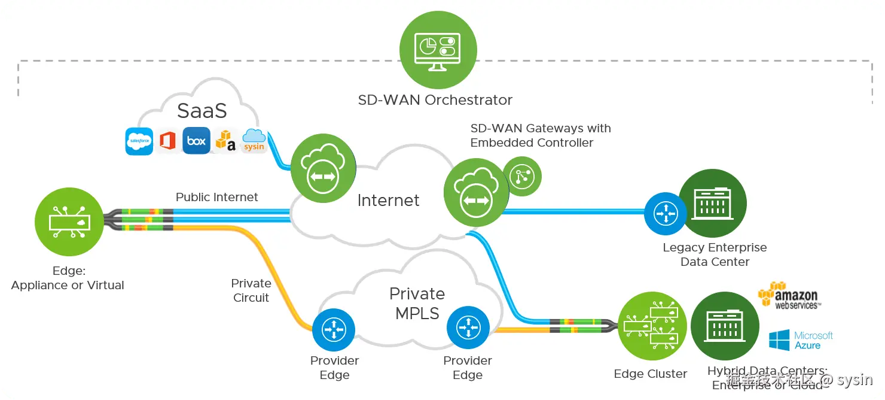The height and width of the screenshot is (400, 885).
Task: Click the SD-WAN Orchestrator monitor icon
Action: pyautogui.click(x=438, y=49)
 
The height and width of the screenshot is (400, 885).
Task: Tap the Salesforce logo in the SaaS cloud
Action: pyautogui.click(x=139, y=141)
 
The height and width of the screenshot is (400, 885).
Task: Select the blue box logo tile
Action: pyautogui.click(x=196, y=141)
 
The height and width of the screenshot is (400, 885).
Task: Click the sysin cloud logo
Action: pyautogui.click(x=254, y=141)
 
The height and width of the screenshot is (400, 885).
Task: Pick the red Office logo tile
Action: pyautogui.click(x=167, y=141)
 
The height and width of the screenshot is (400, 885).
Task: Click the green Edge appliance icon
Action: pyautogui.click(x=69, y=221)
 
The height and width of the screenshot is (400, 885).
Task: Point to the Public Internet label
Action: pyautogui.click(x=216, y=197)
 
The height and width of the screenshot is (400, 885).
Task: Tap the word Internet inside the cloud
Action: pyautogui.click(x=388, y=201)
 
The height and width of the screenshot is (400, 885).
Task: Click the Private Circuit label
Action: pyautogui.click(x=251, y=290)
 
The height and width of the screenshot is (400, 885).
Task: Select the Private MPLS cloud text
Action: pyautogui.click(x=417, y=303)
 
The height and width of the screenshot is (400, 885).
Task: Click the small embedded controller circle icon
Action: pyautogui.click(x=521, y=176)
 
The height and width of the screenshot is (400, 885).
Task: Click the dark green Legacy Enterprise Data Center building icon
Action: pyautogui.click(x=713, y=204)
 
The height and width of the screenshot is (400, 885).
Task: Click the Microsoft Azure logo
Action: pyautogui.click(x=801, y=341)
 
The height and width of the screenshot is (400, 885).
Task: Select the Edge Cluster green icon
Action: pyautogui.click(x=652, y=326)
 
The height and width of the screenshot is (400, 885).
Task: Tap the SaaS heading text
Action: pyautogui.click(x=202, y=111)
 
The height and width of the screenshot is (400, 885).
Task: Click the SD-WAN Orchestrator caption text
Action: pyautogui.click(x=435, y=100)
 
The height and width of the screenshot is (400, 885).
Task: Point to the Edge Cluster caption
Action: pyautogui.click(x=650, y=374)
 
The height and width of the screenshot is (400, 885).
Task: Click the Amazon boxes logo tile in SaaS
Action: pyautogui.click(x=225, y=141)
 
